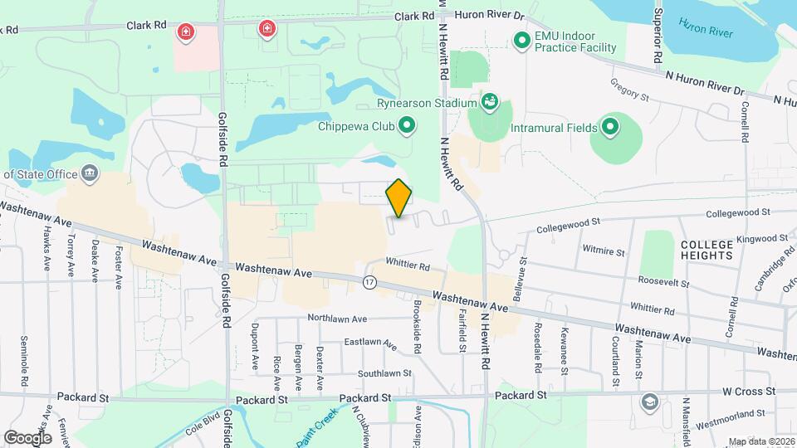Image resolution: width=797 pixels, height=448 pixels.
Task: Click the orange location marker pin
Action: (399, 197)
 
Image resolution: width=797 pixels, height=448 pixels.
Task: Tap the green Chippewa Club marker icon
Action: (407, 126)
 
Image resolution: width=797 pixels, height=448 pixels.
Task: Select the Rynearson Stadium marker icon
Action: (490, 103)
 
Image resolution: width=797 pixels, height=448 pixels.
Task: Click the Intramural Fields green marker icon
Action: (610, 127)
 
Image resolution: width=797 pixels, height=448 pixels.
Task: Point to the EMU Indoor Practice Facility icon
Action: (521, 40)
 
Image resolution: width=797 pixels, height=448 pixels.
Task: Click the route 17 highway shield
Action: (369, 282)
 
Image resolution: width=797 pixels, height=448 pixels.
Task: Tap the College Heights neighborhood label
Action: (707, 250)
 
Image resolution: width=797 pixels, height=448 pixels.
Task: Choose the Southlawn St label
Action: (384, 373)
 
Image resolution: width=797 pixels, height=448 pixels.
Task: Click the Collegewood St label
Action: (568, 225)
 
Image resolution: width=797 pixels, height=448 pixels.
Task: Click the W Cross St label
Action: (748, 391)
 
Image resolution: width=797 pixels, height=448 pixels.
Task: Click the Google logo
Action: (27, 437)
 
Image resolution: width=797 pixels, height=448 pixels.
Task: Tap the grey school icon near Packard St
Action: (649, 402)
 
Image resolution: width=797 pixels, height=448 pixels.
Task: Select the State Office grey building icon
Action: (90, 173)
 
